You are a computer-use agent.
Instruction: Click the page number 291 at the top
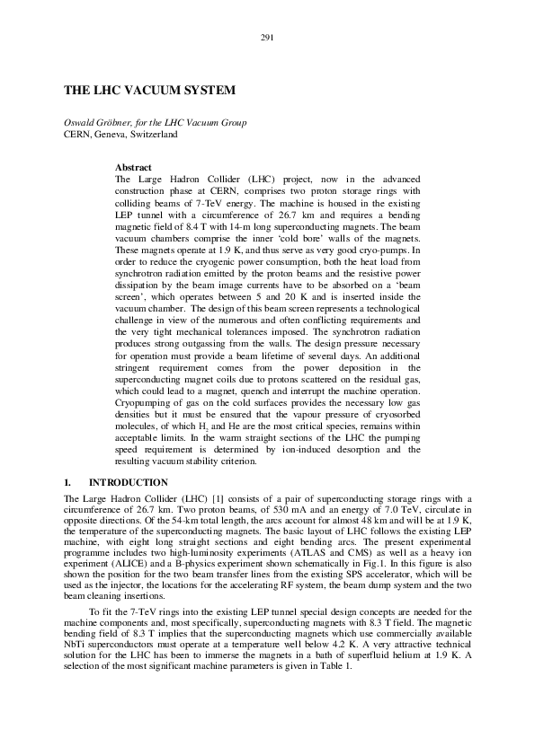pos(267,37)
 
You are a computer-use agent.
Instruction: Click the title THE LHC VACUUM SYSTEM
pos(149,91)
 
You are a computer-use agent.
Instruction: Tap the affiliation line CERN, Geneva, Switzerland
pos(120,134)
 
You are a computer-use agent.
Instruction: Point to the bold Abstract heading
pos(133,168)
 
